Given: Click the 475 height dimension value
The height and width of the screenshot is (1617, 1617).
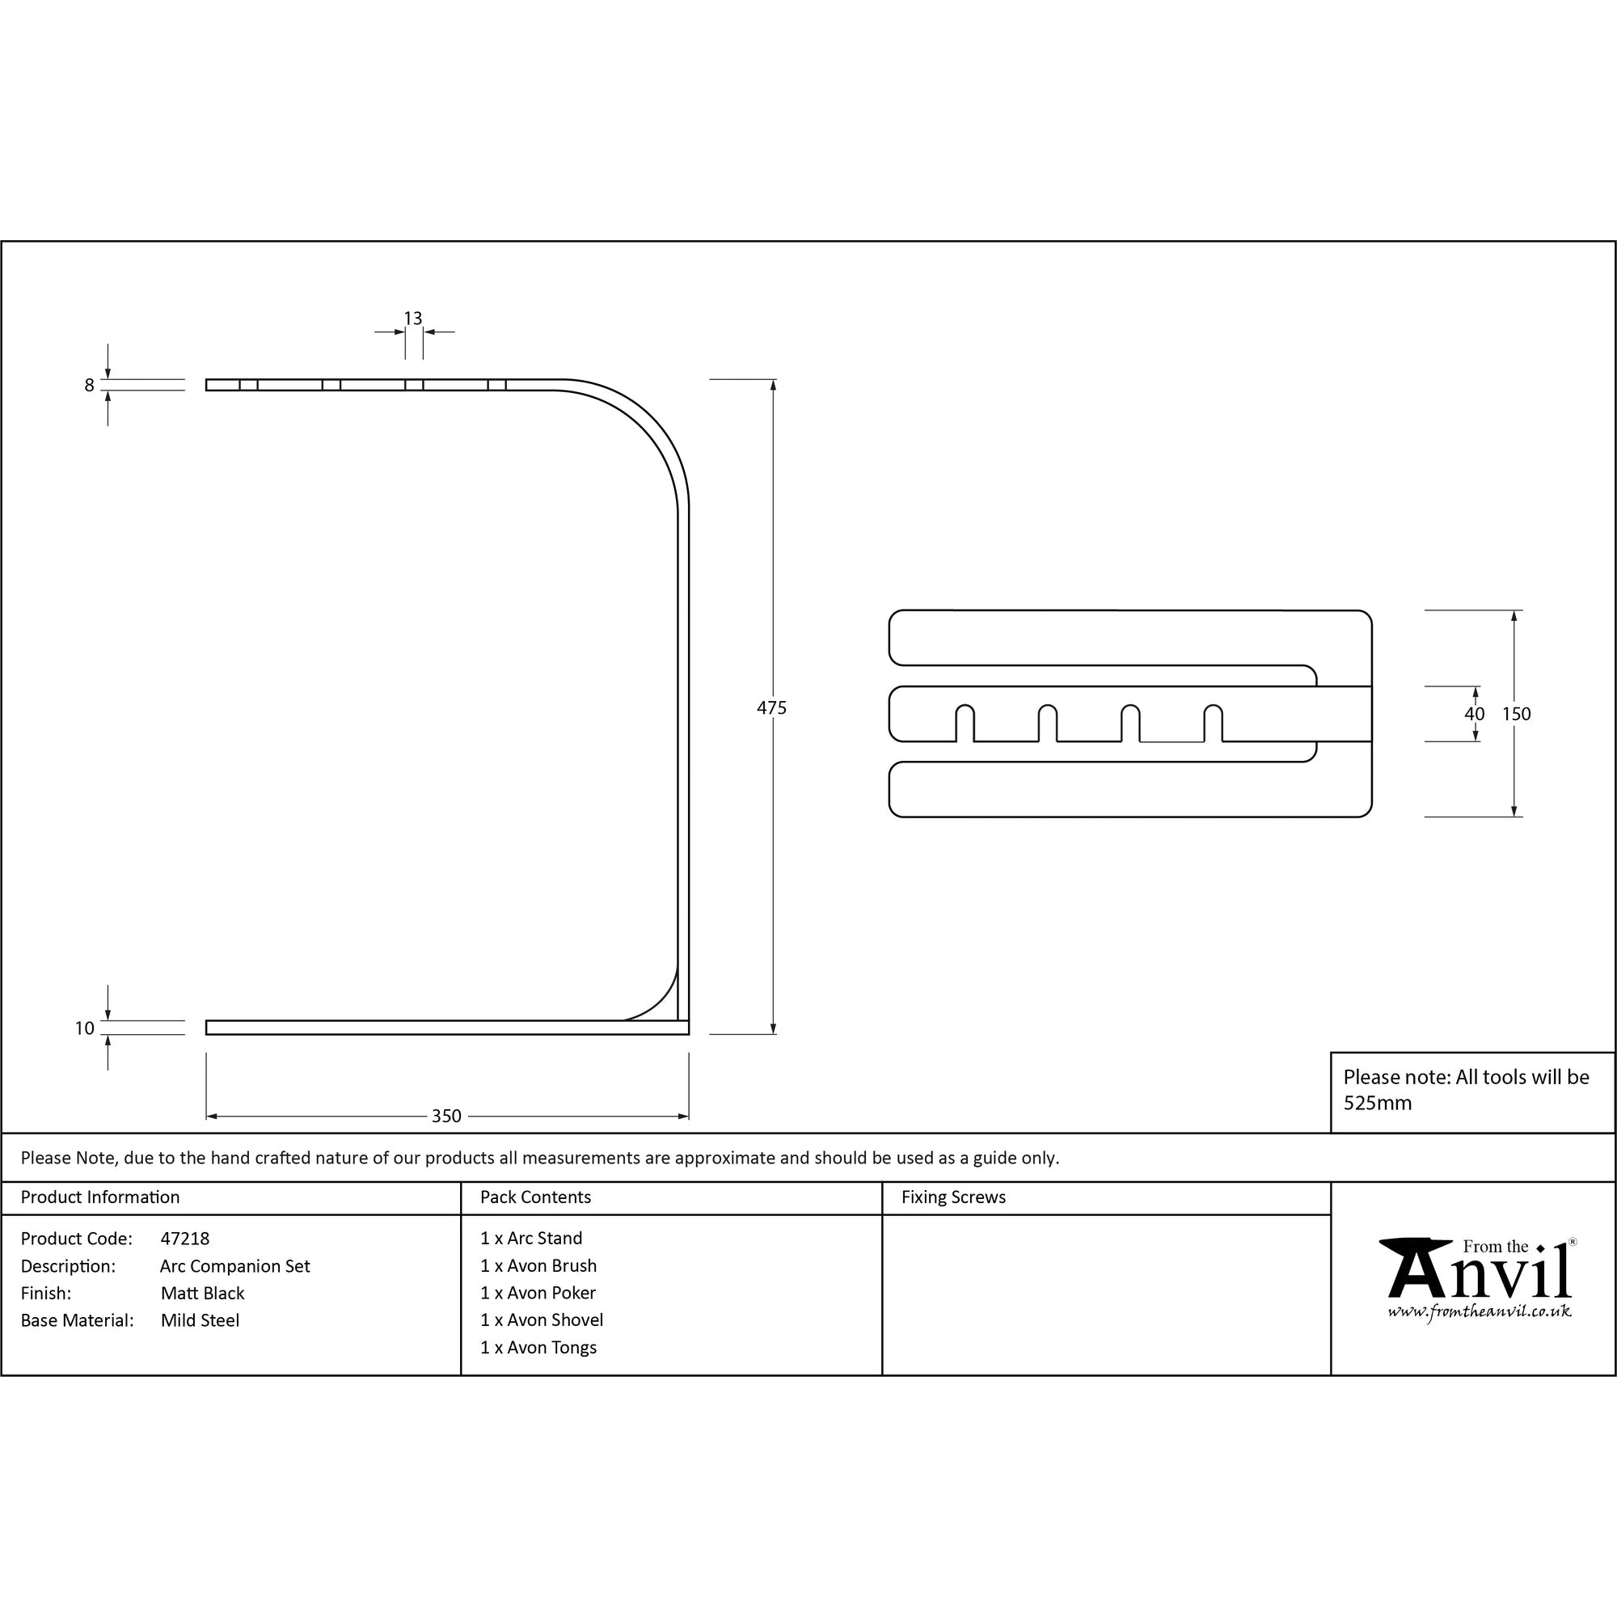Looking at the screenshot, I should point(771,708).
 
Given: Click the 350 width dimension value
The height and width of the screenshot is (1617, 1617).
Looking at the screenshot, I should point(446,1116).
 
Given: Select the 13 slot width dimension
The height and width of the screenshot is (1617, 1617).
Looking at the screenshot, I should point(412,319).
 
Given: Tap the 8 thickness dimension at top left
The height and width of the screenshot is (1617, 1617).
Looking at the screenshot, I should point(90,386).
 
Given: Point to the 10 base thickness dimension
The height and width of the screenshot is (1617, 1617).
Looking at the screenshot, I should point(85,1028).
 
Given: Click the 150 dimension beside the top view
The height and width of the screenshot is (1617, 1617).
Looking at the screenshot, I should point(1516,714).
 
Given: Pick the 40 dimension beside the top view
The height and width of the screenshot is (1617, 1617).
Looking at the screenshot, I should point(1474,714).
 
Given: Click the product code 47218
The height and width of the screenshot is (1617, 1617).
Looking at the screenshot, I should point(185,1239).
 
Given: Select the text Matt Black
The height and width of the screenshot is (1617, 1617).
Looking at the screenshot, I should point(203,1293).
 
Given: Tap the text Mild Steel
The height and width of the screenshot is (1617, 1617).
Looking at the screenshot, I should point(200,1321).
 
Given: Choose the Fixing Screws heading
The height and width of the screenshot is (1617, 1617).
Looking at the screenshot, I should point(953,1197).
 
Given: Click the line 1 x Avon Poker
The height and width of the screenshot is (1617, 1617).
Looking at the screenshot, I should point(538,1293).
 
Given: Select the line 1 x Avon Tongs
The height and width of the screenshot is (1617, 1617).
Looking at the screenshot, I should point(538,1348).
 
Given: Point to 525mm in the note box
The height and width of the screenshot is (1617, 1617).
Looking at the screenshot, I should point(1377,1103).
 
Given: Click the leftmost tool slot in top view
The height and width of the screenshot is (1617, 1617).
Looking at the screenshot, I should point(965,724).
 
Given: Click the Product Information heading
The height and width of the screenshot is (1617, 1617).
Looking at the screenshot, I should point(99,1197).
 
